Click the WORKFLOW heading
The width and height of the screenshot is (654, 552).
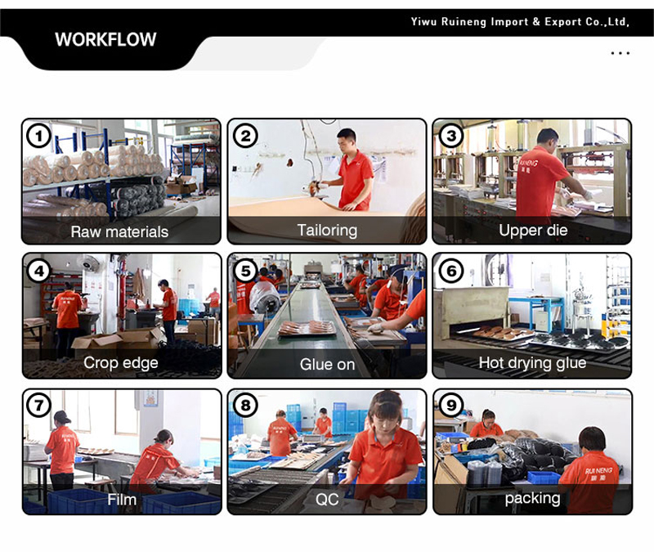tap(105, 39)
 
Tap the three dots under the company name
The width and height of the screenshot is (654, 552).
tap(620, 53)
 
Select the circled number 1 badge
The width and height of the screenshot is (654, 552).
tap(38, 136)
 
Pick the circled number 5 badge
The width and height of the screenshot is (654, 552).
tap(245, 271)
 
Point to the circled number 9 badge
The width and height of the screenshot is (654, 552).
tap(451, 405)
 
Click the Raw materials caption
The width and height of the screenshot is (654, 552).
tap(119, 231)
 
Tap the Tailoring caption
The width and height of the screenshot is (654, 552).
tap(327, 231)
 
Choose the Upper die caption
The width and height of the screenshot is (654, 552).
tap(533, 231)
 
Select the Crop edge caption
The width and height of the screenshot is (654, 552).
tap(120, 362)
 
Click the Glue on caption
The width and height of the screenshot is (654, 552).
tap(327, 364)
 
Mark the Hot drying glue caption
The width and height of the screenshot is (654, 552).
tap(532, 362)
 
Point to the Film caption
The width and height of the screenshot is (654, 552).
tap(121, 499)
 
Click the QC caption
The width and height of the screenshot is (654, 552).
tap(327, 499)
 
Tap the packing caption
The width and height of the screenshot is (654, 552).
tap(532, 498)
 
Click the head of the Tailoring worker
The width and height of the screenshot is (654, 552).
tap(347, 140)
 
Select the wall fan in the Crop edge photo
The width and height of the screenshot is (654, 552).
tap(89, 263)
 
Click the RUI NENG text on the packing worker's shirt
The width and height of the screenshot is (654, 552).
tap(599, 471)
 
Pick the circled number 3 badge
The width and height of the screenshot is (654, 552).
tap(451, 136)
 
